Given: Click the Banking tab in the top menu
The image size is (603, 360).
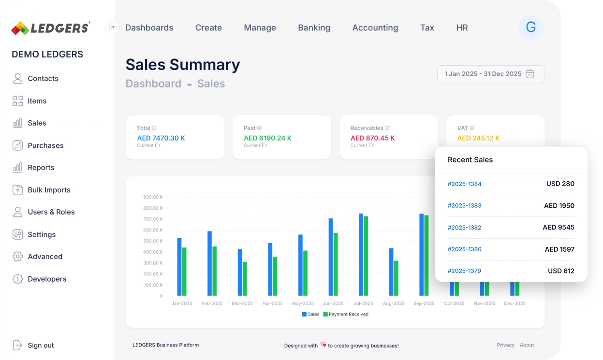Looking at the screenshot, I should click(x=314, y=28).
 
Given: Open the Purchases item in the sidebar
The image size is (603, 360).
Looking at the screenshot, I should click(x=45, y=145).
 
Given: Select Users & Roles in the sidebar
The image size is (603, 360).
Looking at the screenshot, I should click(x=51, y=212).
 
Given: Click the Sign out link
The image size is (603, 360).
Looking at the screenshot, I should click(x=41, y=346).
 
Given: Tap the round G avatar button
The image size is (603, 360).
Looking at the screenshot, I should click(x=530, y=28).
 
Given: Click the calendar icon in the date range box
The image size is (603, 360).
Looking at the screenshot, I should click(x=530, y=74).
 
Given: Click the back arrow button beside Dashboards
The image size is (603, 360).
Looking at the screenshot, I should click(x=115, y=28).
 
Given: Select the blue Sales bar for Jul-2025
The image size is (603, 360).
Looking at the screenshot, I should click(x=361, y=255).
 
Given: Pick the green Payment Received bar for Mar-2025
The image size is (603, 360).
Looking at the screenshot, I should click(x=245, y=279).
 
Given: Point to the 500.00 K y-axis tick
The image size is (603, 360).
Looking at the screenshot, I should click(x=153, y=241).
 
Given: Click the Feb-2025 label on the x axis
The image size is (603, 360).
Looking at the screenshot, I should click(x=212, y=303).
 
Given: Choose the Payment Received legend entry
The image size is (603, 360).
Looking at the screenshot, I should click(x=345, y=314).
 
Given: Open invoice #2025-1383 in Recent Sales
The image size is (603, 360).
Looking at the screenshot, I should click(x=464, y=206).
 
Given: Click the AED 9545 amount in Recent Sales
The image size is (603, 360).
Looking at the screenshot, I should click(x=559, y=228).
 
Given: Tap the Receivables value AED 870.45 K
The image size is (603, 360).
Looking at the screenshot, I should click(x=372, y=138).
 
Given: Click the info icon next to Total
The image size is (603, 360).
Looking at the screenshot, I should click(x=154, y=128).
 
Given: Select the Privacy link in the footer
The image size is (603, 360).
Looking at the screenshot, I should click(x=505, y=345).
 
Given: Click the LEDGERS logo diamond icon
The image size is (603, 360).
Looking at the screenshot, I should click(x=20, y=28).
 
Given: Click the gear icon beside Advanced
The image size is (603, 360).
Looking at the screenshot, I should click(x=18, y=257).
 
